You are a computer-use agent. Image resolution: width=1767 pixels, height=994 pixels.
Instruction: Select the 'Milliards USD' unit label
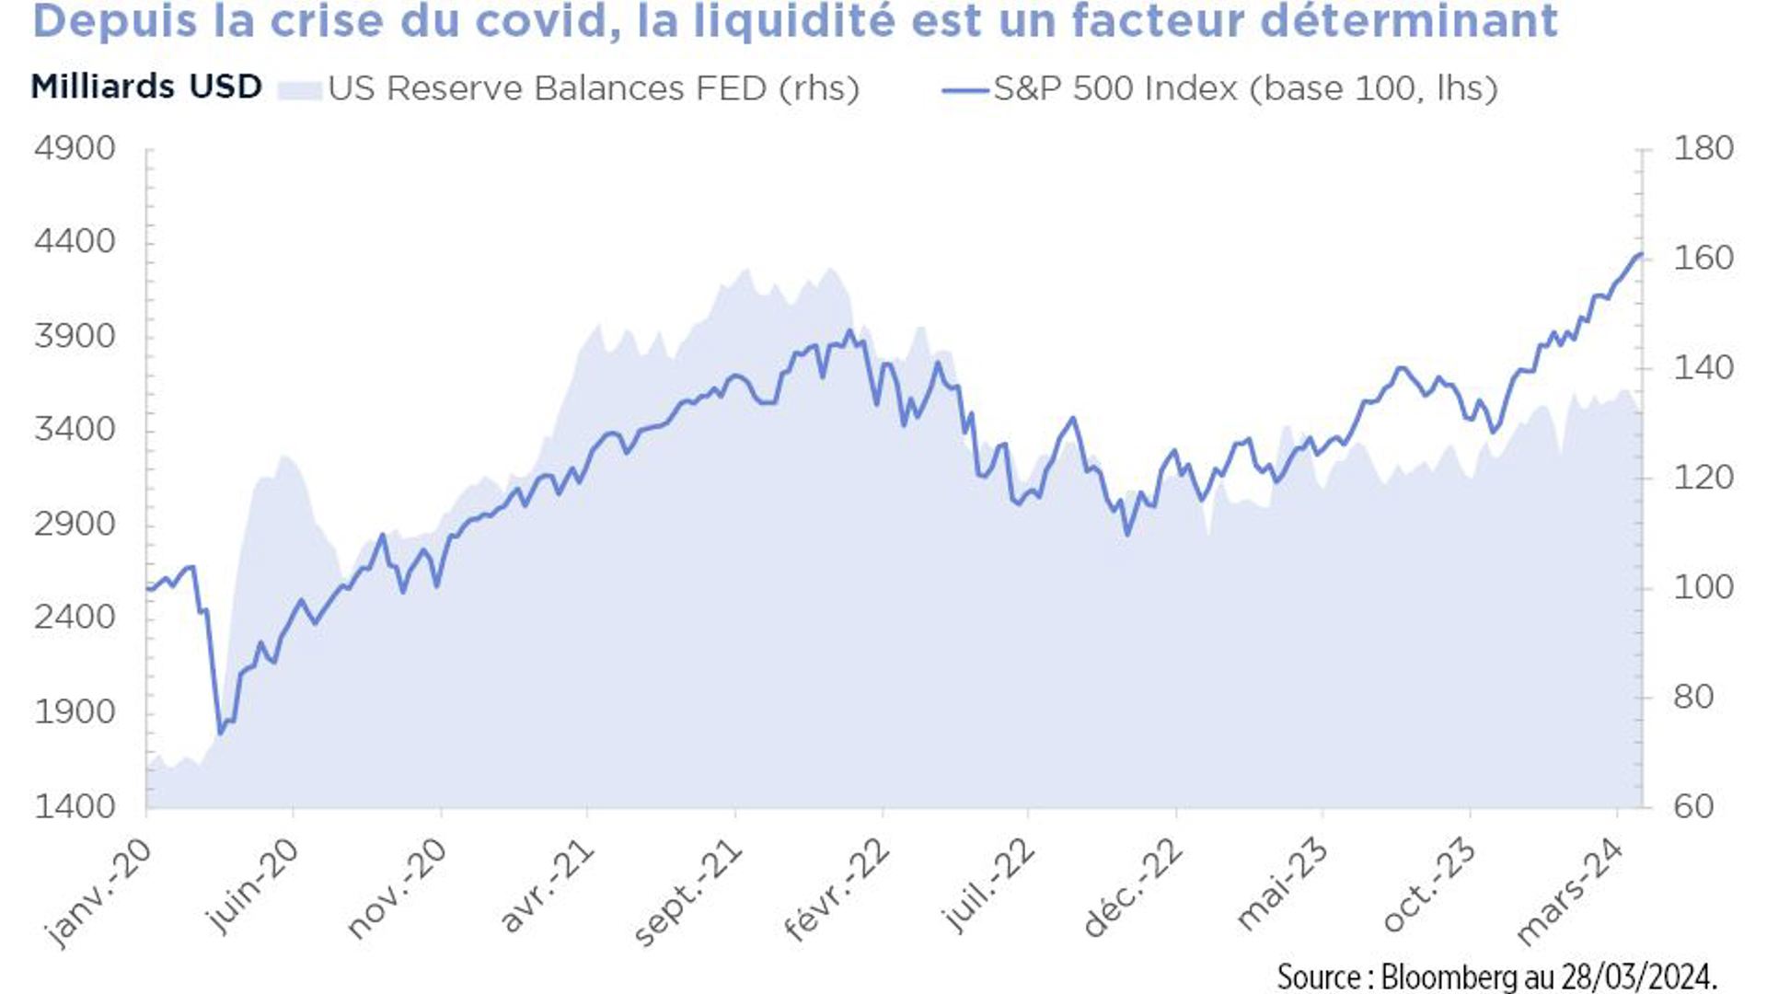pos(146,87)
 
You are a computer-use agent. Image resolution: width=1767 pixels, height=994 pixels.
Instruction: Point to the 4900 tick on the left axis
pos(75,148)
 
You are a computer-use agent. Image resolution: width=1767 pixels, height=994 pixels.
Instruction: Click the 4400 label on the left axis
pos(75,242)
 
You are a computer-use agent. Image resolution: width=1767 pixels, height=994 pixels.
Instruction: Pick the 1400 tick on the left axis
pos(75,806)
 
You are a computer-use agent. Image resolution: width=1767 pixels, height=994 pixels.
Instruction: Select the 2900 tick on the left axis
pos(75,524)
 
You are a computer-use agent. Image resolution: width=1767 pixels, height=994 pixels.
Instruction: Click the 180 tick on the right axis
pos(1703,148)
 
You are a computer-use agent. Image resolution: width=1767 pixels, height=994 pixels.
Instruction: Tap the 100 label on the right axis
pos(1703,587)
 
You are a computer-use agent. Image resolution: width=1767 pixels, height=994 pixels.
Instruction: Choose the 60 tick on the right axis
pos(1693,806)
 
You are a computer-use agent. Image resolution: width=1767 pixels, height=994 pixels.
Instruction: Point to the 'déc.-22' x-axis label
pos(1132,888)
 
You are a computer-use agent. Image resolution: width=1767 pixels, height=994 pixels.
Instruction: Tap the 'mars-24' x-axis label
pos(1570,891)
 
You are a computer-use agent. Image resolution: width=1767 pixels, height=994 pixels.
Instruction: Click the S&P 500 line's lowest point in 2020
pos(220,734)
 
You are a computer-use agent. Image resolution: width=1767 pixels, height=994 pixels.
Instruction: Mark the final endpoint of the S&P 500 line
pos(1641,254)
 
